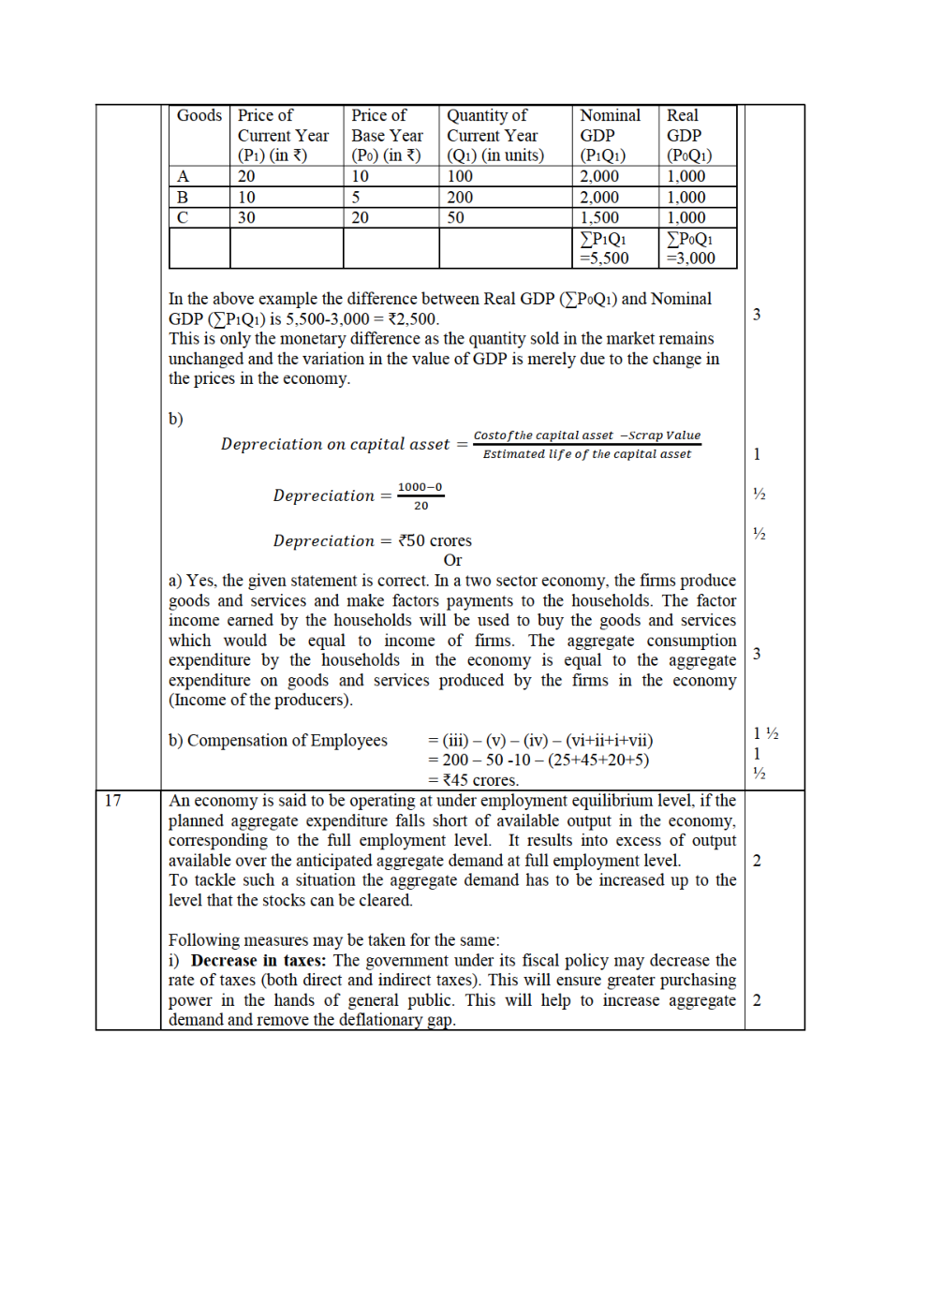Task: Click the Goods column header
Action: click(x=199, y=116)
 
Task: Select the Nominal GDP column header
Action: click(x=610, y=135)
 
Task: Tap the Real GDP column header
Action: click(x=688, y=135)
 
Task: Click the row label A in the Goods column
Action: click(x=184, y=177)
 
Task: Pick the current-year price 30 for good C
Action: click(x=246, y=218)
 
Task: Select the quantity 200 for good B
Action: click(x=460, y=198)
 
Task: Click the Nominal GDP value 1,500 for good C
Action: click(x=599, y=218)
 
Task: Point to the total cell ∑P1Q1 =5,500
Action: click(x=604, y=249)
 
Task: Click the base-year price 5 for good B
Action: click(x=356, y=198)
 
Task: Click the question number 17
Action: click(x=113, y=801)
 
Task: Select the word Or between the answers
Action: click(x=452, y=561)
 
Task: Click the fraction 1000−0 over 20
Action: click(x=420, y=496)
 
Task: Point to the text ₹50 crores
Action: click(x=435, y=541)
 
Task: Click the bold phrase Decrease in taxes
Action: click(x=258, y=961)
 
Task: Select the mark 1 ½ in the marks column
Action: click(x=766, y=733)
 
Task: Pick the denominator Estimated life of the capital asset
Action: click(x=587, y=454)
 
